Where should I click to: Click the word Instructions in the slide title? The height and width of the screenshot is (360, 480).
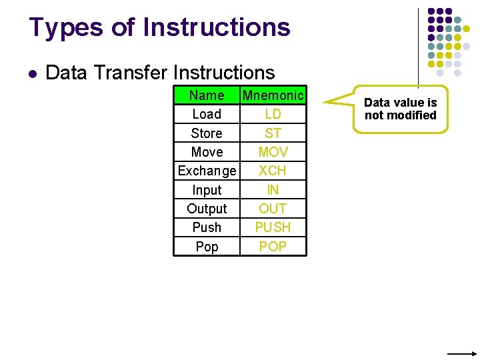217,27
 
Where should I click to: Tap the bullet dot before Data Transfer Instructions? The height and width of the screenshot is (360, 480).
32,73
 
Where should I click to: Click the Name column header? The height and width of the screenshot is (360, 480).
207,95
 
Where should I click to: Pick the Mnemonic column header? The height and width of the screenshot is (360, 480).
273,95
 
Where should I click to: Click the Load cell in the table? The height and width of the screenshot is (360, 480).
207,114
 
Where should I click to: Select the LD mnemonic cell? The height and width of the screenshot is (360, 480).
273,114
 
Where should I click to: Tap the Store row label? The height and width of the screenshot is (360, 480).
207,133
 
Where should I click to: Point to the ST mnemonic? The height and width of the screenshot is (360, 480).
273,133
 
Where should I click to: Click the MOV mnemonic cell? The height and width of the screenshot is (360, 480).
273,152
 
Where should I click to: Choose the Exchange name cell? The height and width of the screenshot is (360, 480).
207,171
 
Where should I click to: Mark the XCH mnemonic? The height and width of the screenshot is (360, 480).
273,171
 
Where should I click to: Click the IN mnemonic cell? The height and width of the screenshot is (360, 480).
273,190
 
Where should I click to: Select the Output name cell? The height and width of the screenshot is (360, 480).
207,209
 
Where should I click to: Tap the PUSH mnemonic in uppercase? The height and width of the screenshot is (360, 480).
273,227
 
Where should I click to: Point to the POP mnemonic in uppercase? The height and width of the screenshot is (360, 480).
273,247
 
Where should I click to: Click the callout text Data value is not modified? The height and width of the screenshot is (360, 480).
400,109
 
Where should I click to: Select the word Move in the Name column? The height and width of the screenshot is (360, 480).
207,152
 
